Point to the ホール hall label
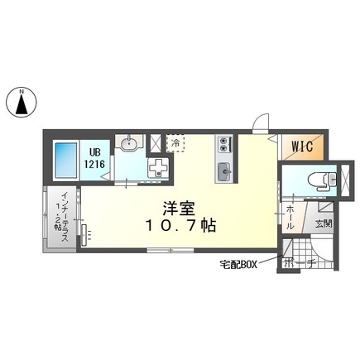(290, 220)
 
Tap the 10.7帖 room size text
(178, 224)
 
